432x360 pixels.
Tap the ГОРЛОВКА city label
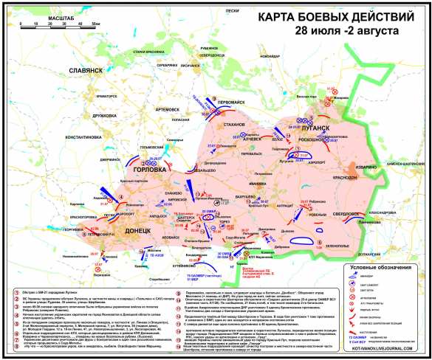pyautogui.click(x=152, y=167)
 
